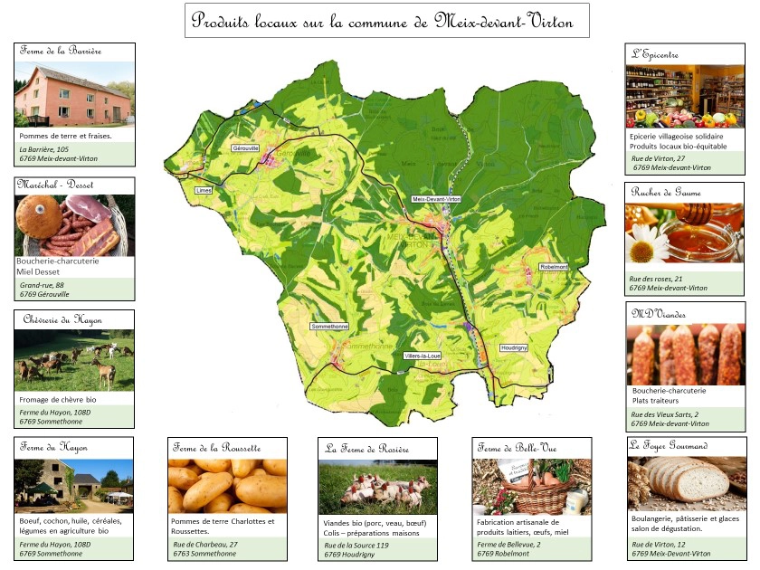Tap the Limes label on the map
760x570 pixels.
pos(204,191)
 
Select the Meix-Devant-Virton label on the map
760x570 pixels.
pos(437,199)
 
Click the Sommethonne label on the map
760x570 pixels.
pos(328,326)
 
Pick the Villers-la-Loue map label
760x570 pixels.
pos(423,356)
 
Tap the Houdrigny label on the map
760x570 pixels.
pos(514,347)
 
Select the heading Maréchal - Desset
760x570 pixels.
pos(55,185)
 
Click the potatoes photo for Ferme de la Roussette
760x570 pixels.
pos(227,485)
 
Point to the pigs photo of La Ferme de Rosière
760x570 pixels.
pos(377,488)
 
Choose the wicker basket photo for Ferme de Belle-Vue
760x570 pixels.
pos(532,486)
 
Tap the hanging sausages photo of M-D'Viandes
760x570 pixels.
pos(686,355)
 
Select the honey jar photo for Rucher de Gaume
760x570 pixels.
pos(684,233)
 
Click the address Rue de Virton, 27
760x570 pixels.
pos(658,158)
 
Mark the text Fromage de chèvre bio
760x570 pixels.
pos(58,399)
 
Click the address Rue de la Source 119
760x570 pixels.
pos(356,546)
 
